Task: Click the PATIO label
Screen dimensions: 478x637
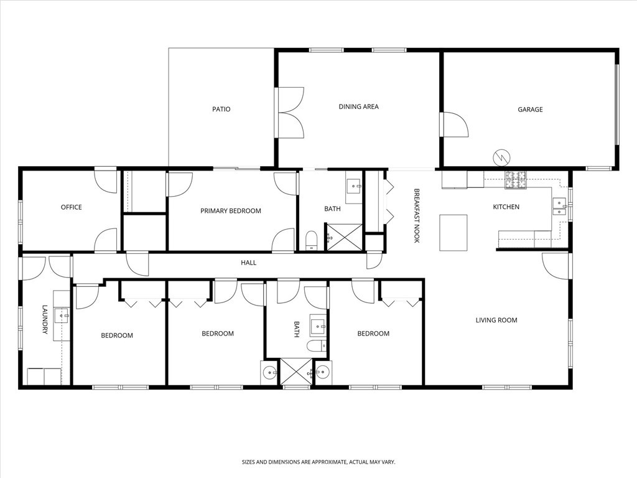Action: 221,110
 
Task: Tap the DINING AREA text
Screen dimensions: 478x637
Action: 358,107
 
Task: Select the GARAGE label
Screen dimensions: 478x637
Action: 530,110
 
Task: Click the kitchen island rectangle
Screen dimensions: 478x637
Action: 453,232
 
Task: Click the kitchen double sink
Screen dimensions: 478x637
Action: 559,206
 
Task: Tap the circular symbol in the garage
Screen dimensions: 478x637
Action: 501,157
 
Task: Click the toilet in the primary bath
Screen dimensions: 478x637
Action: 312,240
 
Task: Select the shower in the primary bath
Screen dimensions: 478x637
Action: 344,237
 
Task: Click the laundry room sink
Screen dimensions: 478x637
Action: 62,316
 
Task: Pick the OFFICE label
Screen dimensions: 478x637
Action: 71,207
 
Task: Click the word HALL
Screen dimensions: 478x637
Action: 248,263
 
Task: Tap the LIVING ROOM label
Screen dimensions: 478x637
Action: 496,321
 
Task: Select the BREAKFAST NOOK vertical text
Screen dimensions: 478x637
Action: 417,215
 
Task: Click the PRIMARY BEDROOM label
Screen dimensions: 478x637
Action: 230,211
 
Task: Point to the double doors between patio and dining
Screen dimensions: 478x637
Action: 290,113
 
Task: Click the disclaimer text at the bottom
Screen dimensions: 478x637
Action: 318,462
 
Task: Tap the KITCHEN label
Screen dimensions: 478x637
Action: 506,207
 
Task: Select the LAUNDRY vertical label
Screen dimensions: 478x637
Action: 45,319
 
